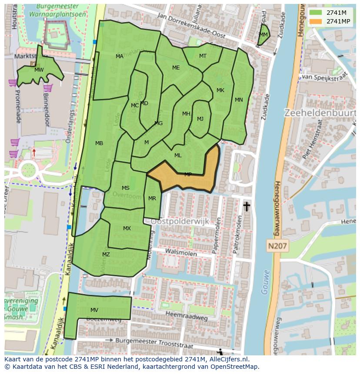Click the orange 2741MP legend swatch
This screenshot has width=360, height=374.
(316, 21)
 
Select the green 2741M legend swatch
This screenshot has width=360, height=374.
(316, 13)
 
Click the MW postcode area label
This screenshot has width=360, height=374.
(39, 70)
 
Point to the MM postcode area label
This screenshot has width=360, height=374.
(263, 35)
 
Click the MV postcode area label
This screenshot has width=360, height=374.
(94, 310)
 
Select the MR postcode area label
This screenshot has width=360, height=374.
(152, 199)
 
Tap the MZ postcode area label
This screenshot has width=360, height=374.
(106, 255)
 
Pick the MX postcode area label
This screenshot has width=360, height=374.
(127, 228)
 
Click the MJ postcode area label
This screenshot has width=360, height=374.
(200, 119)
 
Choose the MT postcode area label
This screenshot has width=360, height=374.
(203, 56)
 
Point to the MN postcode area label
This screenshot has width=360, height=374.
(239, 100)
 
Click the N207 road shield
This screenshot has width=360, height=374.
(277, 246)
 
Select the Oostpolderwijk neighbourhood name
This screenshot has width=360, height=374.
(180, 222)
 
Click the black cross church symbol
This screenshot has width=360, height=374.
(247, 206)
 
